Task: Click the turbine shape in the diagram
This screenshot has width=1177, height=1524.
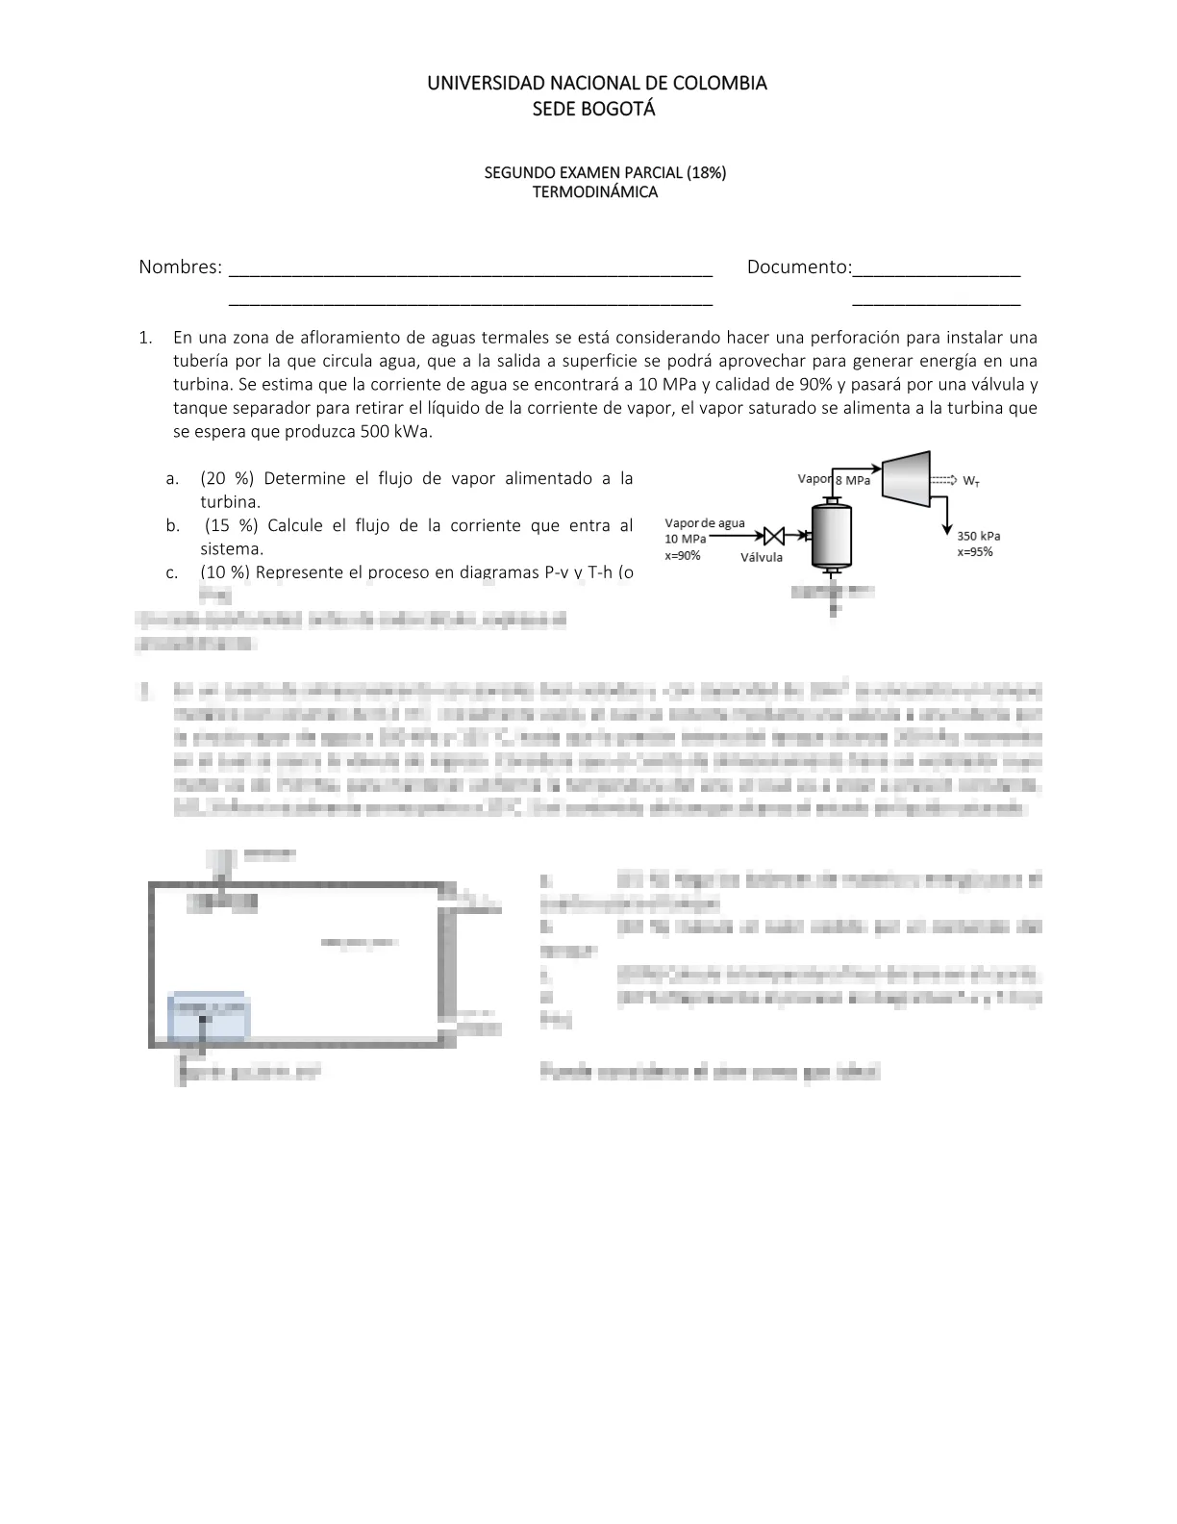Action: point(906,476)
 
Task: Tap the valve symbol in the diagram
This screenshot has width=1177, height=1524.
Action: point(773,536)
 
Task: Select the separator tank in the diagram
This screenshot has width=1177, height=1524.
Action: point(832,536)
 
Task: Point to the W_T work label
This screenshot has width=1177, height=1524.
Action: point(972,480)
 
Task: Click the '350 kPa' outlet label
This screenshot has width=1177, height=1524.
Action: point(978,536)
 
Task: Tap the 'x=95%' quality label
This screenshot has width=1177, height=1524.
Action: point(975,552)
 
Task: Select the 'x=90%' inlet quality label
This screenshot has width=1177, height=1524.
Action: point(683,555)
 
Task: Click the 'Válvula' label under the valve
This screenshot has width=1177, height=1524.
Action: point(762,557)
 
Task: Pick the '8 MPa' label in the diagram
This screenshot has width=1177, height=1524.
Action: point(853,480)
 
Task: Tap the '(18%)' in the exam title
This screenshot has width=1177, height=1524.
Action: point(706,173)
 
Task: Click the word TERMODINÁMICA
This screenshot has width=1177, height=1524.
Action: point(595,191)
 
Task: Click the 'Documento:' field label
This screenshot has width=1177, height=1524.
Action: point(799,267)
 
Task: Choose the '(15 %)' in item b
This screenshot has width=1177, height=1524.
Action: point(232,525)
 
